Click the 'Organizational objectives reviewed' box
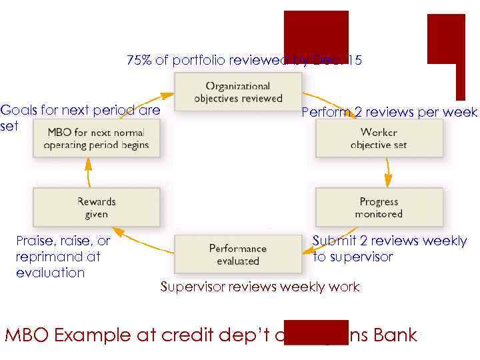tap(238, 92)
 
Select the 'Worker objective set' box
tap(379, 138)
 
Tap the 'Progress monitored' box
tap(379, 207)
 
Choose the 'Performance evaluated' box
tap(237, 254)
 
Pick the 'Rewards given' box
tap(96, 207)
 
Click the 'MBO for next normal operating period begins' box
tap(96, 138)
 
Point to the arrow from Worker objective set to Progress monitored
tap(387, 173)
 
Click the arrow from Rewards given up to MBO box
tap(89, 173)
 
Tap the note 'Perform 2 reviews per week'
tap(389, 112)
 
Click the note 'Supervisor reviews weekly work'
tap(259, 287)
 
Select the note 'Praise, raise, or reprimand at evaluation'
tap(63, 257)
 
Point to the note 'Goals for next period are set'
tap(80, 117)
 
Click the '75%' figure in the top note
tap(139, 61)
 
